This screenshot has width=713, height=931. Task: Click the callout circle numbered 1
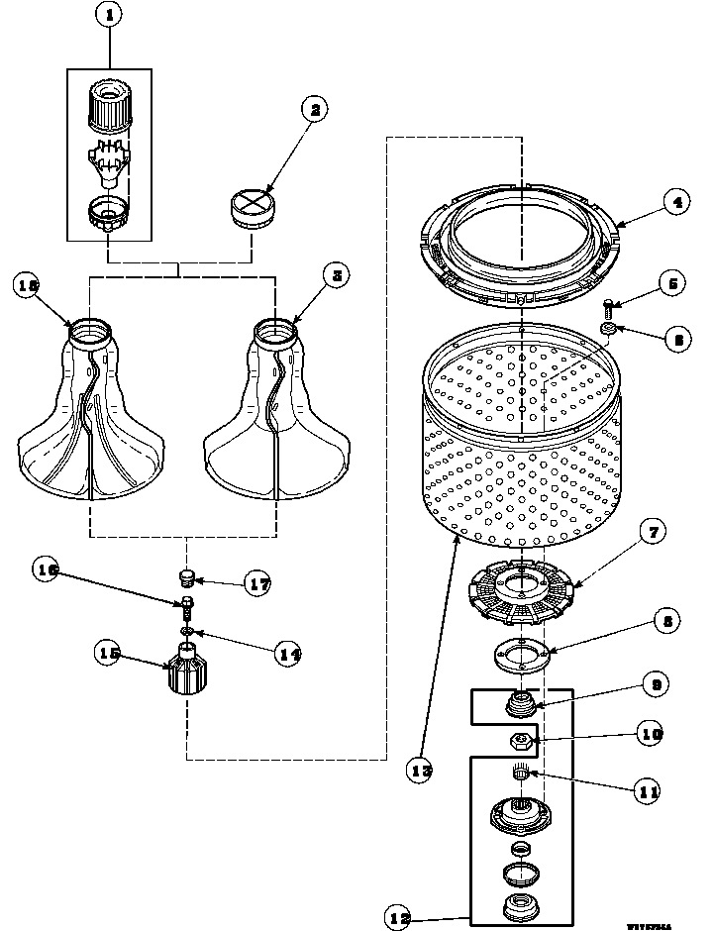(110, 16)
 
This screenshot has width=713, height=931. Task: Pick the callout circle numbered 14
(288, 655)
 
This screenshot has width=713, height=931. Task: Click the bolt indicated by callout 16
(186, 604)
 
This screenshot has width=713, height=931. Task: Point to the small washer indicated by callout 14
(186, 630)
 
